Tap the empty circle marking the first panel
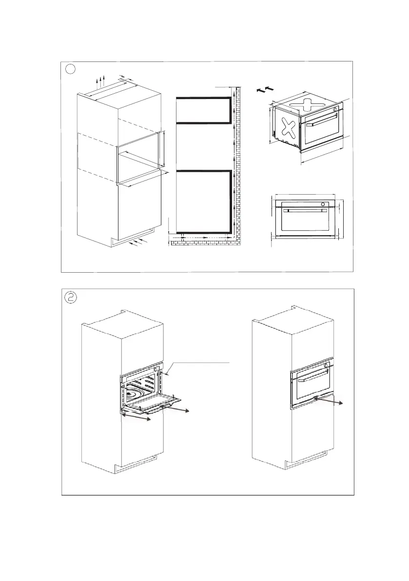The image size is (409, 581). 71,69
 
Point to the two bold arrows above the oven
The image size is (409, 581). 262,90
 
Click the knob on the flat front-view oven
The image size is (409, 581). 322,203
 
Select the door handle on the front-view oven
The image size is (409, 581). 304,211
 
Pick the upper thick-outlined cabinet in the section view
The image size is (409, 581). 202,110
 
